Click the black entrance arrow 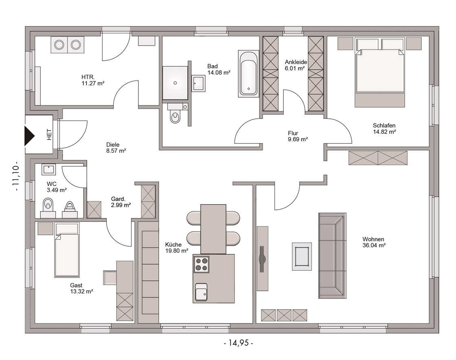pos(29,136)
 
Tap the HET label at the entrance pos(49,135)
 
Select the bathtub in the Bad pos(248,73)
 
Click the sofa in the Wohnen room pos(332,256)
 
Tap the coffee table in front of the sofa pos(302,257)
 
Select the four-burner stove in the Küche pos(201,264)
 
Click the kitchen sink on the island pos(201,292)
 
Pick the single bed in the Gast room pos(67,250)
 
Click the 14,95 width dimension pos(238,343)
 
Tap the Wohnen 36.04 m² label pos(374,242)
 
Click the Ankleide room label pos(296,62)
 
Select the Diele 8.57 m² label pos(116,148)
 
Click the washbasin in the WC pos(48,169)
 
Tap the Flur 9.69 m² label pos(298,136)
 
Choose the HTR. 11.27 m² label pos(93,80)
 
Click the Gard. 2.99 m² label pos(121,202)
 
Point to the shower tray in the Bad pos(175,83)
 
